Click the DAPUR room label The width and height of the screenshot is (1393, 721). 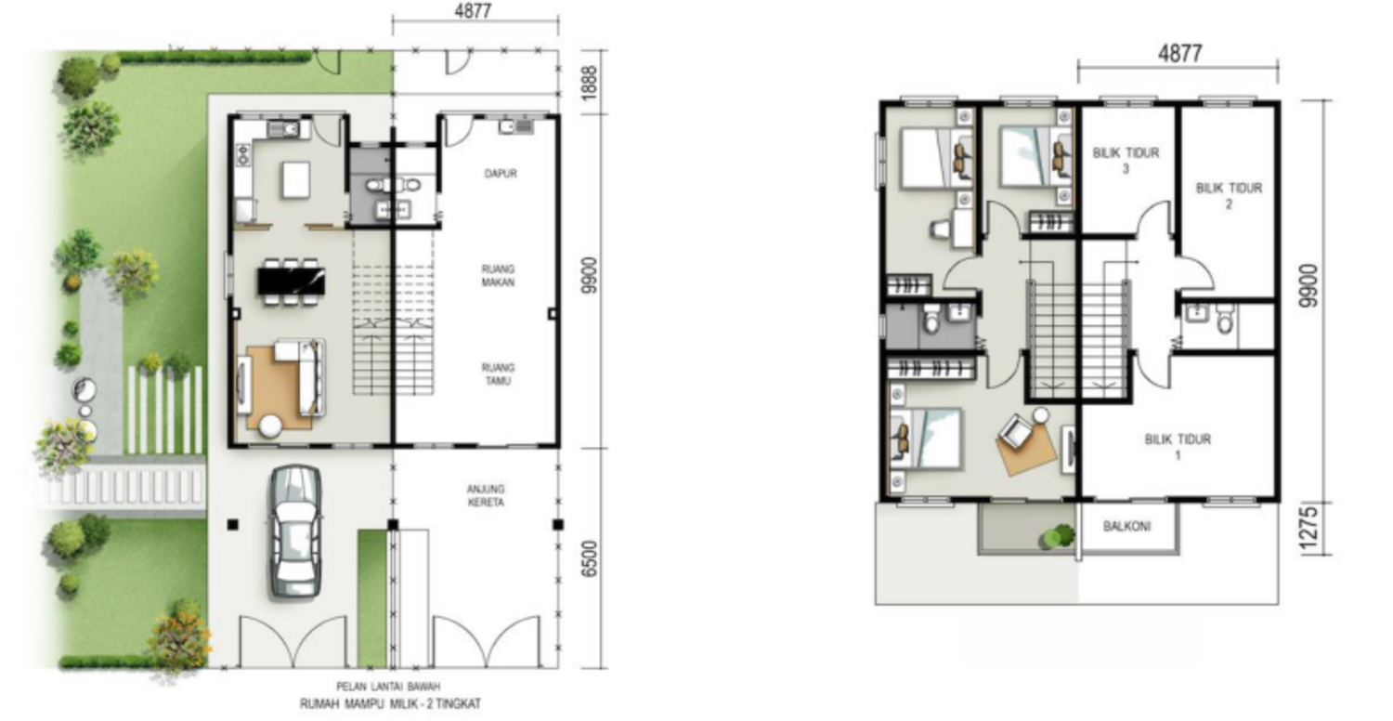coord(501,174)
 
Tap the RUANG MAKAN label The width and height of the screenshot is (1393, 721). coord(498,276)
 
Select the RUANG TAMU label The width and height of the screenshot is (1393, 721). coord(498,374)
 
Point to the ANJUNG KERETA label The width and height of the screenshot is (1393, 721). coord(486,496)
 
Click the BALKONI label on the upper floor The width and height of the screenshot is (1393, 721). coord(1126,526)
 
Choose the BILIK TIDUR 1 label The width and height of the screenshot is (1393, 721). coord(1178,447)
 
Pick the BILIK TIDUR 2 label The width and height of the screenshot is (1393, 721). coord(1229,195)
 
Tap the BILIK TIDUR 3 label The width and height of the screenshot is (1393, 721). coord(1126,161)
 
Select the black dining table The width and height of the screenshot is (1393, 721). coord(292,281)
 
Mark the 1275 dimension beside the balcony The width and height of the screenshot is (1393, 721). coord(1308,528)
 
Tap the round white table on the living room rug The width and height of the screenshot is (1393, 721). coord(271,426)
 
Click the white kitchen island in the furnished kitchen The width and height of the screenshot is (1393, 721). coord(295,179)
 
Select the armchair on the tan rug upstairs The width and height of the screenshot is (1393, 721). coord(1016,429)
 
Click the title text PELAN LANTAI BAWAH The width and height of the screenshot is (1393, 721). coord(389,687)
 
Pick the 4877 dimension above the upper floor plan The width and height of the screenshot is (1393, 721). coord(1179,54)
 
